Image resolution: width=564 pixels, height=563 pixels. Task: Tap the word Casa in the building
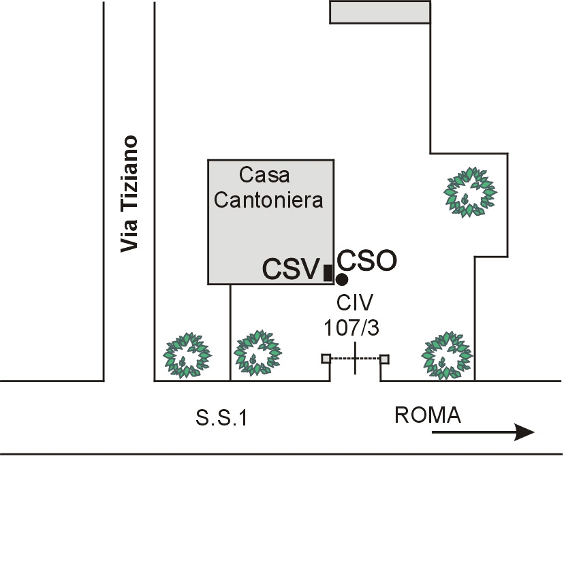click(264, 175)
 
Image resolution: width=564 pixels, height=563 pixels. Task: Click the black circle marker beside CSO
click(342, 279)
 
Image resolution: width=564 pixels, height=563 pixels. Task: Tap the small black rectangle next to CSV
click(328, 272)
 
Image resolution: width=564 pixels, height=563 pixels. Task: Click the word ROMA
click(428, 415)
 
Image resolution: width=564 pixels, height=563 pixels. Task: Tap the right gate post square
click(384, 359)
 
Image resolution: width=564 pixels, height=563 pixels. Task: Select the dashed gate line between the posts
click(355, 359)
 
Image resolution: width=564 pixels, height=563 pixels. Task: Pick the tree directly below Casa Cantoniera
click(257, 353)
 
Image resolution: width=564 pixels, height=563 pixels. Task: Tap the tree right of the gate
click(445, 354)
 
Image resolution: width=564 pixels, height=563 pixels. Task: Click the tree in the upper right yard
click(469, 192)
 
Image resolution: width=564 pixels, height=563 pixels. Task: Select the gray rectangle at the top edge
click(380, 12)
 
